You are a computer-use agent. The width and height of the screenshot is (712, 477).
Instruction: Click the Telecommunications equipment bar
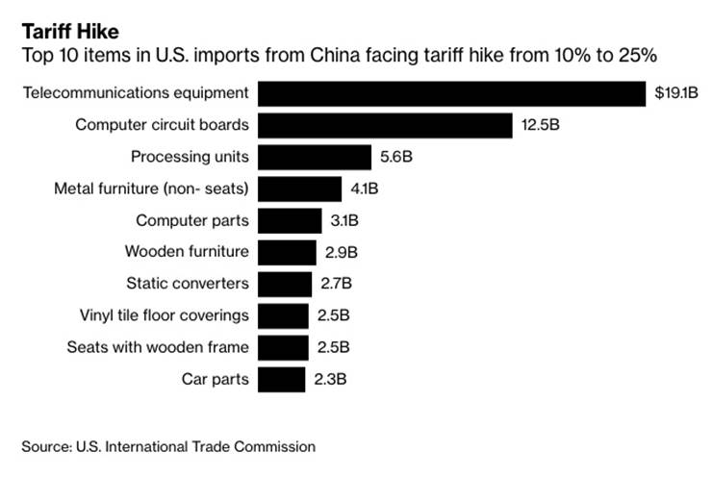pyautogui.click(x=451, y=93)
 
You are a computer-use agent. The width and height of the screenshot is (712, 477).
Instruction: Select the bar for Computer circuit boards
pyautogui.click(x=385, y=125)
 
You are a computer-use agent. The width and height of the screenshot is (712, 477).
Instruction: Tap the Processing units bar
pyautogui.click(x=315, y=157)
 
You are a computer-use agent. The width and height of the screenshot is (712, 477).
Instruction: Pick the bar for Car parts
pyautogui.click(x=281, y=379)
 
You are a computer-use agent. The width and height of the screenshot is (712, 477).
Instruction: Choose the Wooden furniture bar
pyautogui.click(x=287, y=252)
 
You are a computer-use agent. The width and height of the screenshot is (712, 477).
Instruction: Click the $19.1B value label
pyautogui.click(x=675, y=93)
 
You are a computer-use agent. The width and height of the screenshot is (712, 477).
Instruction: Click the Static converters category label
pyautogui.click(x=188, y=284)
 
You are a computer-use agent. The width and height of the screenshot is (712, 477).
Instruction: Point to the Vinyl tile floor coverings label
pyautogui.click(x=165, y=315)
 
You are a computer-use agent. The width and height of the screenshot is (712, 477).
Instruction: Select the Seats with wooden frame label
pyautogui.click(x=158, y=347)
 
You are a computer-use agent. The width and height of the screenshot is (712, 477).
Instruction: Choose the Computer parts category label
pyautogui.click(x=191, y=220)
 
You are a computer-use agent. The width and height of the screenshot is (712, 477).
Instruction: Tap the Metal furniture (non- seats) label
pyautogui.click(x=151, y=188)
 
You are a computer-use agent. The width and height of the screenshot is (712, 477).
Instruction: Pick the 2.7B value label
pyautogui.click(x=335, y=284)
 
